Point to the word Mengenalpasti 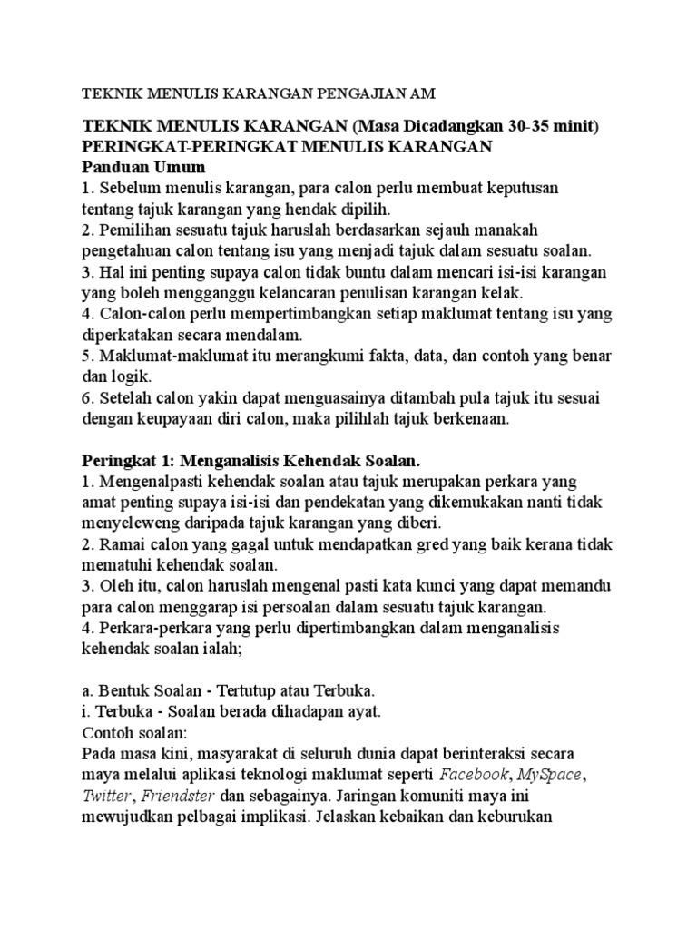(156, 482)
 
